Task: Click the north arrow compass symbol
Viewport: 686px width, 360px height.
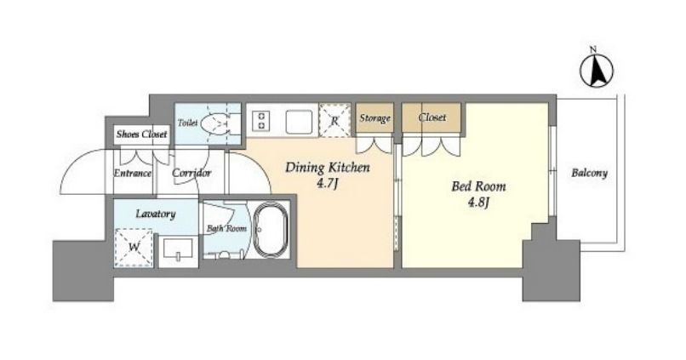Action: pyautogui.click(x=597, y=71)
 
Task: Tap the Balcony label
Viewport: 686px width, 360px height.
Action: pyautogui.click(x=589, y=173)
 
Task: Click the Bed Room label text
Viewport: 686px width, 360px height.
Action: pyautogui.click(x=478, y=186)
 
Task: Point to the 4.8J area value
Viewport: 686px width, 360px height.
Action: pyautogui.click(x=478, y=203)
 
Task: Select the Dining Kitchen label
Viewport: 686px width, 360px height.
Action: pyautogui.click(x=327, y=168)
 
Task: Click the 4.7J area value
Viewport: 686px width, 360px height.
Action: pyautogui.click(x=327, y=184)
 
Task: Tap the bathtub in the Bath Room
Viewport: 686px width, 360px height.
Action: pyautogui.click(x=271, y=229)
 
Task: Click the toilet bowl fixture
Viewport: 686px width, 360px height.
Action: pyautogui.click(x=215, y=123)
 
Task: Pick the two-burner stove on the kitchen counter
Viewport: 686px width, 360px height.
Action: pyautogui.click(x=262, y=120)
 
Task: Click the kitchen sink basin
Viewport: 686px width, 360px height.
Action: pyautogui.click(x=300, y=122)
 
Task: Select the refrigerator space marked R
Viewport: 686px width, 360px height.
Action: pyautogui.click(x=334, y=120)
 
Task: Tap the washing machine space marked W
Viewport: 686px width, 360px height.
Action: pyautogui.click(x=134, y=248)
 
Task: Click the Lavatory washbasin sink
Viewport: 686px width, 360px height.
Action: pyautogui.click(x=178, y=249)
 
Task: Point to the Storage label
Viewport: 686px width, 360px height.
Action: pyautogui.click(x=375, y=118)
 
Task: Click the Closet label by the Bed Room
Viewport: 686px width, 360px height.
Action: pyautogui.click(x=432, y=117)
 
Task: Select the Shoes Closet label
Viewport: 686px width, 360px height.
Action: pyautogui.click(x=141, y=134)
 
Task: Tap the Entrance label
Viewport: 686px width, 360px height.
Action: pyautogui.click(x=133, y=174)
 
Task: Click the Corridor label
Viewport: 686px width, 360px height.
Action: pyautogui.click(x=192, y=174)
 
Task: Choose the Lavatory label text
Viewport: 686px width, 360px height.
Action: pyautogui.click(x=155, y=214)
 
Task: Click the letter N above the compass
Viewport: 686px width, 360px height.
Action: pyautogui.click(x=593, y=49)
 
